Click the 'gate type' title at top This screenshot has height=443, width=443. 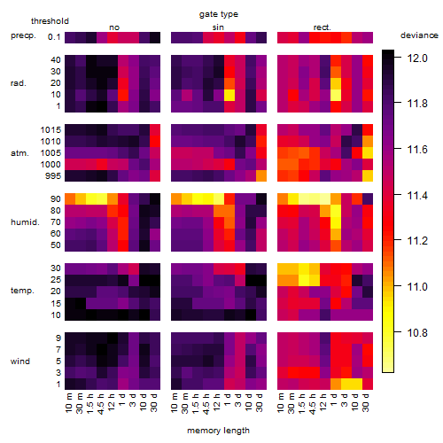tap(219, 14)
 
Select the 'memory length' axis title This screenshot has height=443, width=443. tap(218, 431)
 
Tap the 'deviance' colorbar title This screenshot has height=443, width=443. tap(419, 35)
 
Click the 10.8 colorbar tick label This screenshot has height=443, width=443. tap(417, 333)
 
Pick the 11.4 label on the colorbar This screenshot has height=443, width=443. tap(417, 196)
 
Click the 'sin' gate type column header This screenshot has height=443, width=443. tap(218, 27)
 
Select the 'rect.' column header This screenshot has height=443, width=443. tap(322, 27)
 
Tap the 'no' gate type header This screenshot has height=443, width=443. tap(114, 27)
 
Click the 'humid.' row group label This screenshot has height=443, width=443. tap(25, 222)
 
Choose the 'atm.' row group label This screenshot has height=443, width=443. tap(19, 153)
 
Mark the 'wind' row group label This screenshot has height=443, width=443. tap(20, 361)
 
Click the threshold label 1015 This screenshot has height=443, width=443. tap(51, 130)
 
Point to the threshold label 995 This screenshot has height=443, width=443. tap(53, 176)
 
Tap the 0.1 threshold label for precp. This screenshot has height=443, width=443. tap(54, 37)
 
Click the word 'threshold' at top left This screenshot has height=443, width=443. tap(50, 21)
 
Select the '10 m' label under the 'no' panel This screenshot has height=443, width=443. tap(69, 402)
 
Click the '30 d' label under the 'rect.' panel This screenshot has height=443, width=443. tap(366, 402)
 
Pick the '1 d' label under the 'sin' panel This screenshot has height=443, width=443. tap(228, 400)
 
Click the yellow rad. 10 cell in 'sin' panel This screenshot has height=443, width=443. tap(229, 95)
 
